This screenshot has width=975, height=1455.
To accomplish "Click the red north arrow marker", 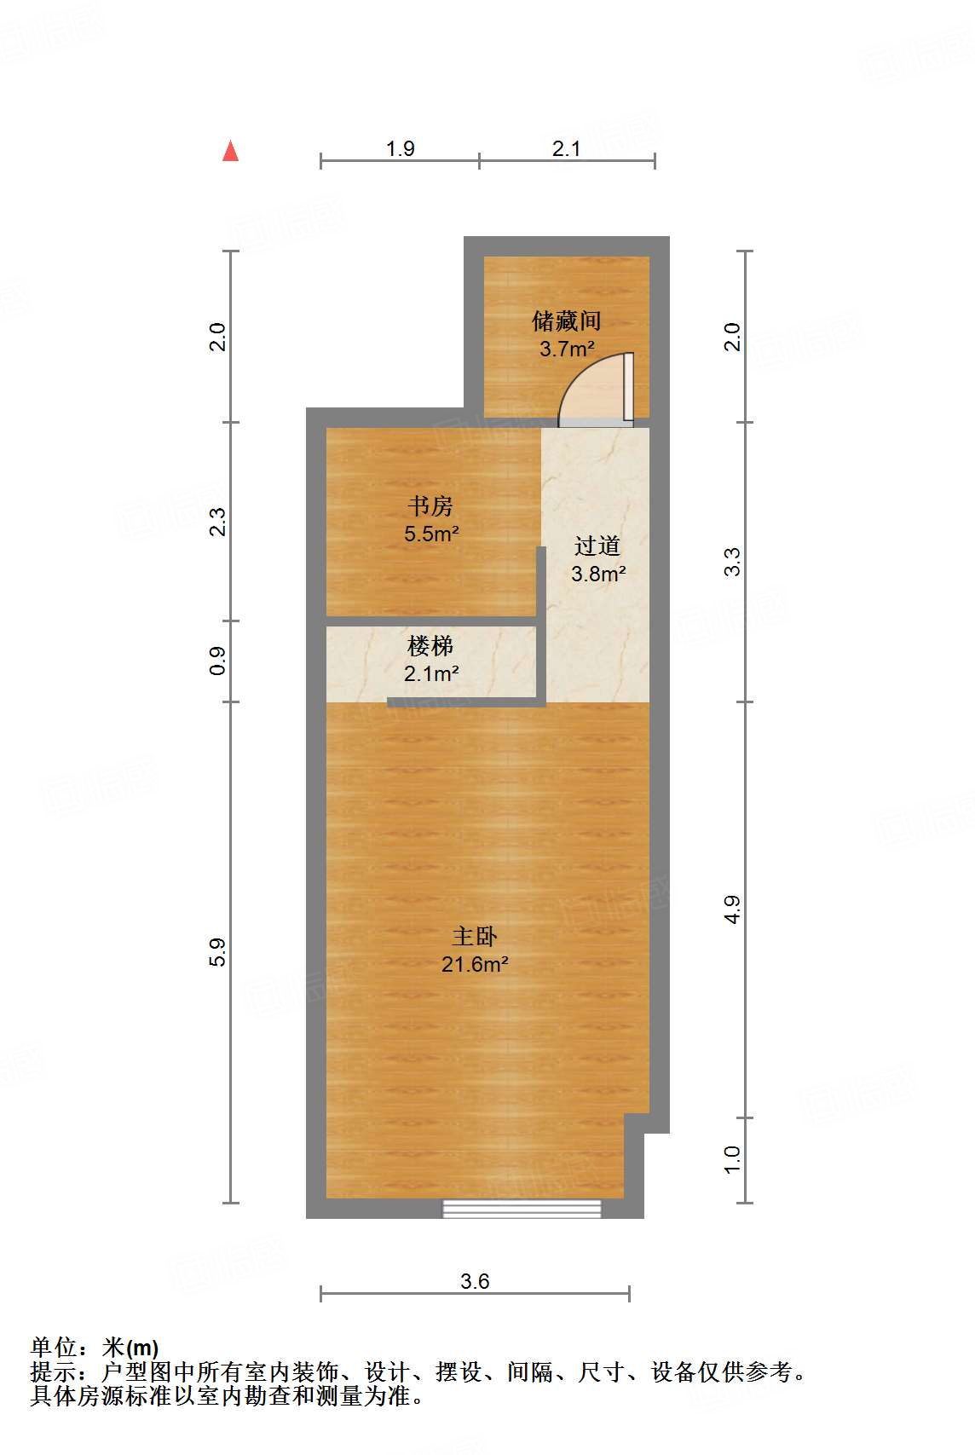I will tap(230, 152).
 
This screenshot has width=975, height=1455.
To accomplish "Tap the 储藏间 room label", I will tap(567, 321).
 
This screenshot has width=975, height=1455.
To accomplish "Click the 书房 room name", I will tap(430, 506).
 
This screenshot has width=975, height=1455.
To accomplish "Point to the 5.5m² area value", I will tap(431, 534).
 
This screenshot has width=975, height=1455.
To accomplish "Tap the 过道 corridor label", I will tap(597, 546).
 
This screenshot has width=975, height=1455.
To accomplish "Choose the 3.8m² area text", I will tap(598, 574).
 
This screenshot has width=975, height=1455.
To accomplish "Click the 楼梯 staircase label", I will tap(430, 646).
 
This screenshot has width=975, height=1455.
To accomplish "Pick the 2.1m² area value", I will tap(431, 674).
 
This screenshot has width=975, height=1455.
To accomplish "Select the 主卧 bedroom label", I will tap(475, 937).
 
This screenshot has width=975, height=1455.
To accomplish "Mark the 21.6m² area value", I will tap(475, 965).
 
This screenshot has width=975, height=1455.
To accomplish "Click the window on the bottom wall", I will tap(522, 1208).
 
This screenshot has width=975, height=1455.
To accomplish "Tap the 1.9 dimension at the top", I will tap(400, 149).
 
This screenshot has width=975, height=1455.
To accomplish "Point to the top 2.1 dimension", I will tap(566, 149).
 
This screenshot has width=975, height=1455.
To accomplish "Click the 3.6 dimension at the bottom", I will tap(475, 1281).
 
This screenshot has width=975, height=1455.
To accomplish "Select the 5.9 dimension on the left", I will tap(218, 952).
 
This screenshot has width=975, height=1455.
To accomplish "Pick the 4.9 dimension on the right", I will tap(732, 909).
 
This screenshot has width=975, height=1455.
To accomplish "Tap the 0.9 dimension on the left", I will tap(218, 661).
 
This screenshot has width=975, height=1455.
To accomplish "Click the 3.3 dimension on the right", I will tap(732, 562).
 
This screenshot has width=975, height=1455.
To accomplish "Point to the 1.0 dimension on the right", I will tap(732, 1160).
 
